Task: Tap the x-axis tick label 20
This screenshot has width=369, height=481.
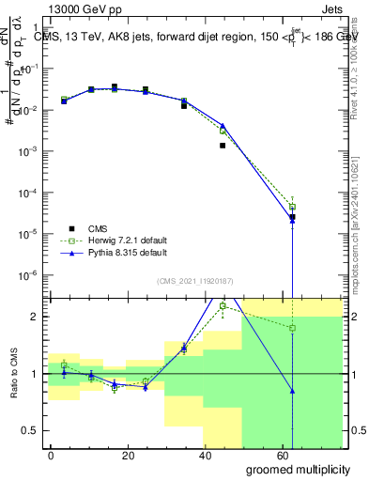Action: pyautogui.click(x=124, y=455)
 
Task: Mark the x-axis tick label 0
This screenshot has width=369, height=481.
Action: pyautogui.click(x=51, y=455)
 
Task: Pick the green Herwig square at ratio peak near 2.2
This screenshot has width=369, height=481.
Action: pyautogui.click(x=223, y=305)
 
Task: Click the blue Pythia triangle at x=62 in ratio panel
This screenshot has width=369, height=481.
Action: pyautogui.click(x=293, y=391)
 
